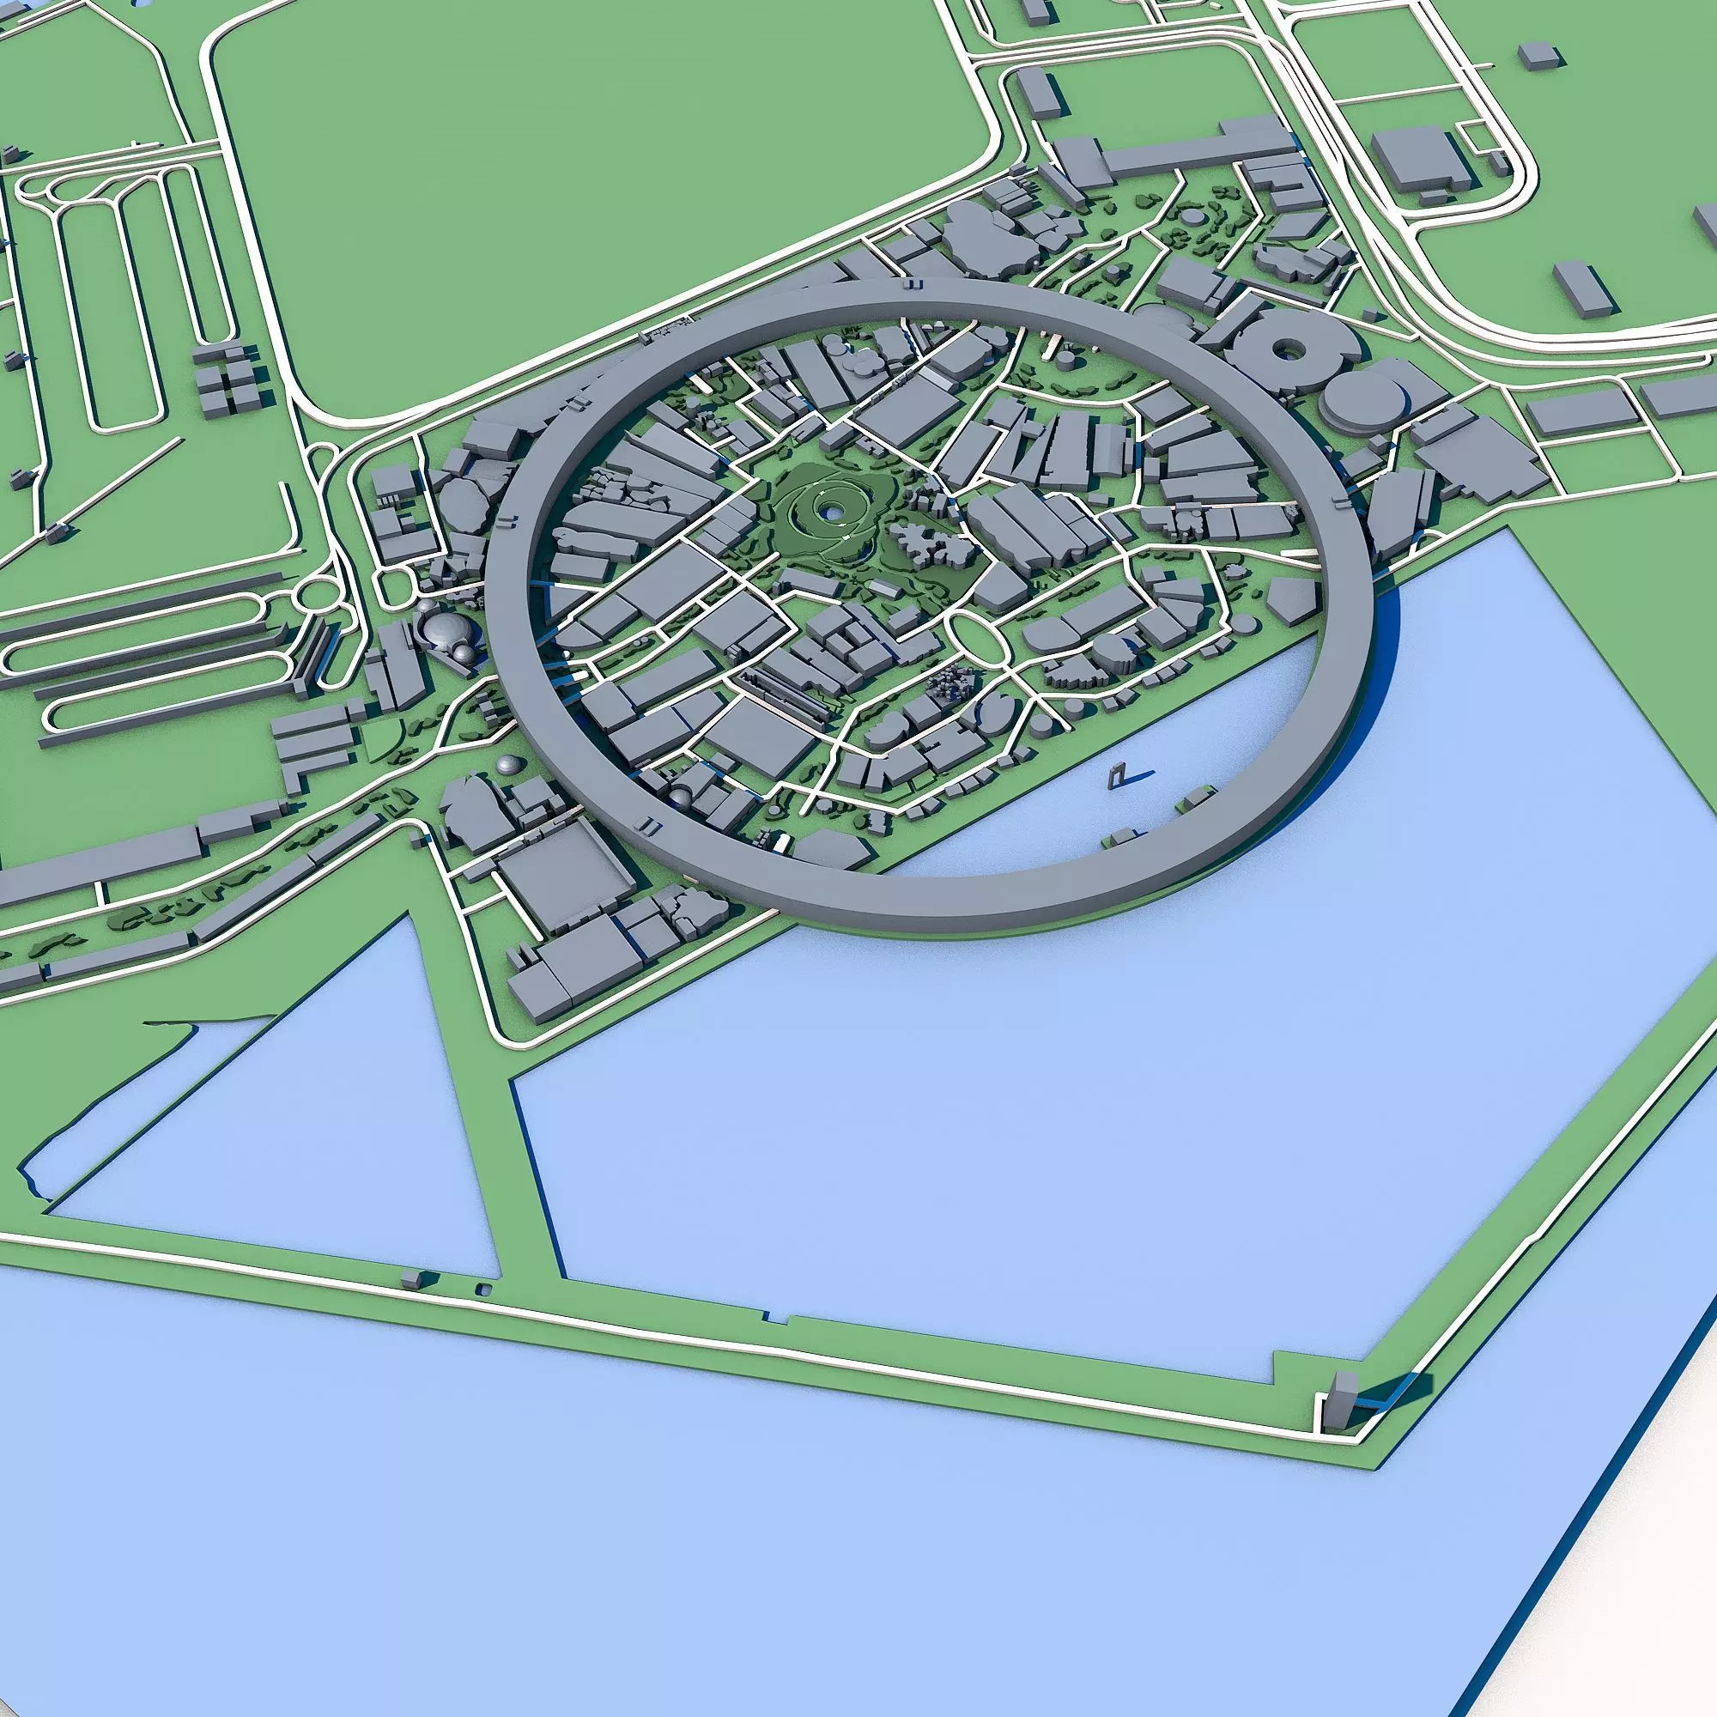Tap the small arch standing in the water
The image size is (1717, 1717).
1118,775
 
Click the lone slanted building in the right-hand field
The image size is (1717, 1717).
1581,286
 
